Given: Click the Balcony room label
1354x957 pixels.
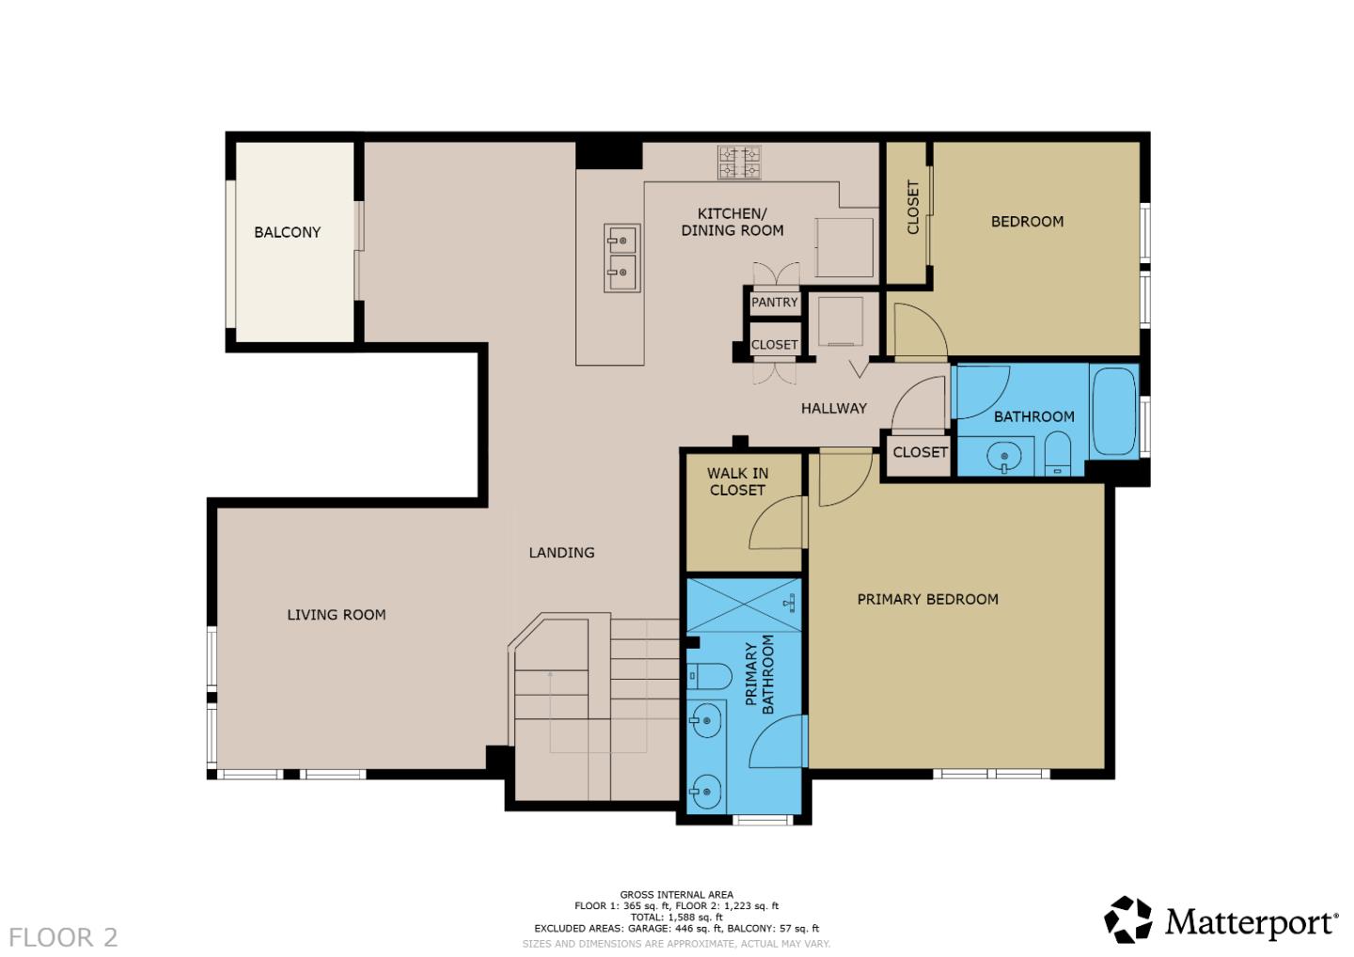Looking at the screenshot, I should tap(287, 232).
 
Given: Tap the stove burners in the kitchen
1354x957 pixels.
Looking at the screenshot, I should tap(739, 162).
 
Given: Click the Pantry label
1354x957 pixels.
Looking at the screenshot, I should tap(775, 303).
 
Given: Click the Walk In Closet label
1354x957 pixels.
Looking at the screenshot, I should tap(737, 482).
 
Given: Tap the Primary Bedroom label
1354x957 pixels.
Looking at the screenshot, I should tap(927, 600).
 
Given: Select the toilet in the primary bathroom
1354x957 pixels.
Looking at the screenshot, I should tap(711, 675).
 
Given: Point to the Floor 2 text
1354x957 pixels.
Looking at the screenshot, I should tap(64, 937).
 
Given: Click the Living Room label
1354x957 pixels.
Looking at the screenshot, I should tap(336, 615).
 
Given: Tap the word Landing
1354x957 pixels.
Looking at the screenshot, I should tap(561, 553).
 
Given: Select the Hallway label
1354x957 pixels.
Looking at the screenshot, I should tap(833, 408).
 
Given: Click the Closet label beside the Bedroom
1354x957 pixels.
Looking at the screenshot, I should tap(912, 208).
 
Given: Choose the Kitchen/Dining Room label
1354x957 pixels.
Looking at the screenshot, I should tap(732, 222).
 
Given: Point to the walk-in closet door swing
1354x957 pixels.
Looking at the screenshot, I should tap(776, 526).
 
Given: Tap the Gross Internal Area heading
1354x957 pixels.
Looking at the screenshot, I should tap(676, 895).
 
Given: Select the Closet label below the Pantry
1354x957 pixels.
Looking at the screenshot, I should tap(774, 345).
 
